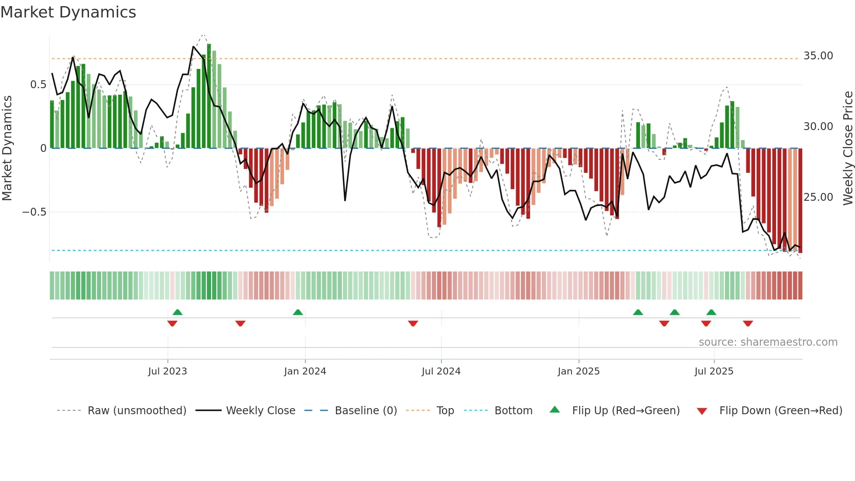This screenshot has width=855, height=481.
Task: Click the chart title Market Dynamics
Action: pyautogui.click(x=68, y=12)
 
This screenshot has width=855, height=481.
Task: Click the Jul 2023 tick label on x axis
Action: pyautogui.click(x=168, y=371)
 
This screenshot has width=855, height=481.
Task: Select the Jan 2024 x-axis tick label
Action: pyautogui.click(x=305, y=371)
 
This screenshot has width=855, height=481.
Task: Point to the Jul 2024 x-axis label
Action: pyautogui.click(x=441, y=371)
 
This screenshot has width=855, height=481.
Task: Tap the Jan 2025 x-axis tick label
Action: pyautogui.click(x=578, y=371)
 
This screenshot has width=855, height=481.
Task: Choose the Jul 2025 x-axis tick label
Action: pyautogui.click(x=714, y=371)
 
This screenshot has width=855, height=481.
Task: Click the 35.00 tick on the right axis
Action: pyautogui.click(x=818, y=56)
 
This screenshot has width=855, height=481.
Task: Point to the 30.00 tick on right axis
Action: pyautogui.click(x=818, y=127)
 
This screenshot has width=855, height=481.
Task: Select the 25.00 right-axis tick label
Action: pyautogui.click(x=818, y=197)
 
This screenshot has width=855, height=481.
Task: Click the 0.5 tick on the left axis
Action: pyautogui.click(x=38, y=85)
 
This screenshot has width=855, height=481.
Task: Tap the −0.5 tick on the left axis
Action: pyautogui.click(x=34, y=212)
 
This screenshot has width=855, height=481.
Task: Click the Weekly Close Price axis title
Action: pyautogui.click(x=848, y=148)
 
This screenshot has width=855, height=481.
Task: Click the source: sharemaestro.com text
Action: pyautogui.click(x=768, y=342)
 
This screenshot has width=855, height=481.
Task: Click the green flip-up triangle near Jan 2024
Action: pyautogui.click(x=298, y=313)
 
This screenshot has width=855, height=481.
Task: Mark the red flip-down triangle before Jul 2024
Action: pyautogui.click(x=413, y=323)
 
